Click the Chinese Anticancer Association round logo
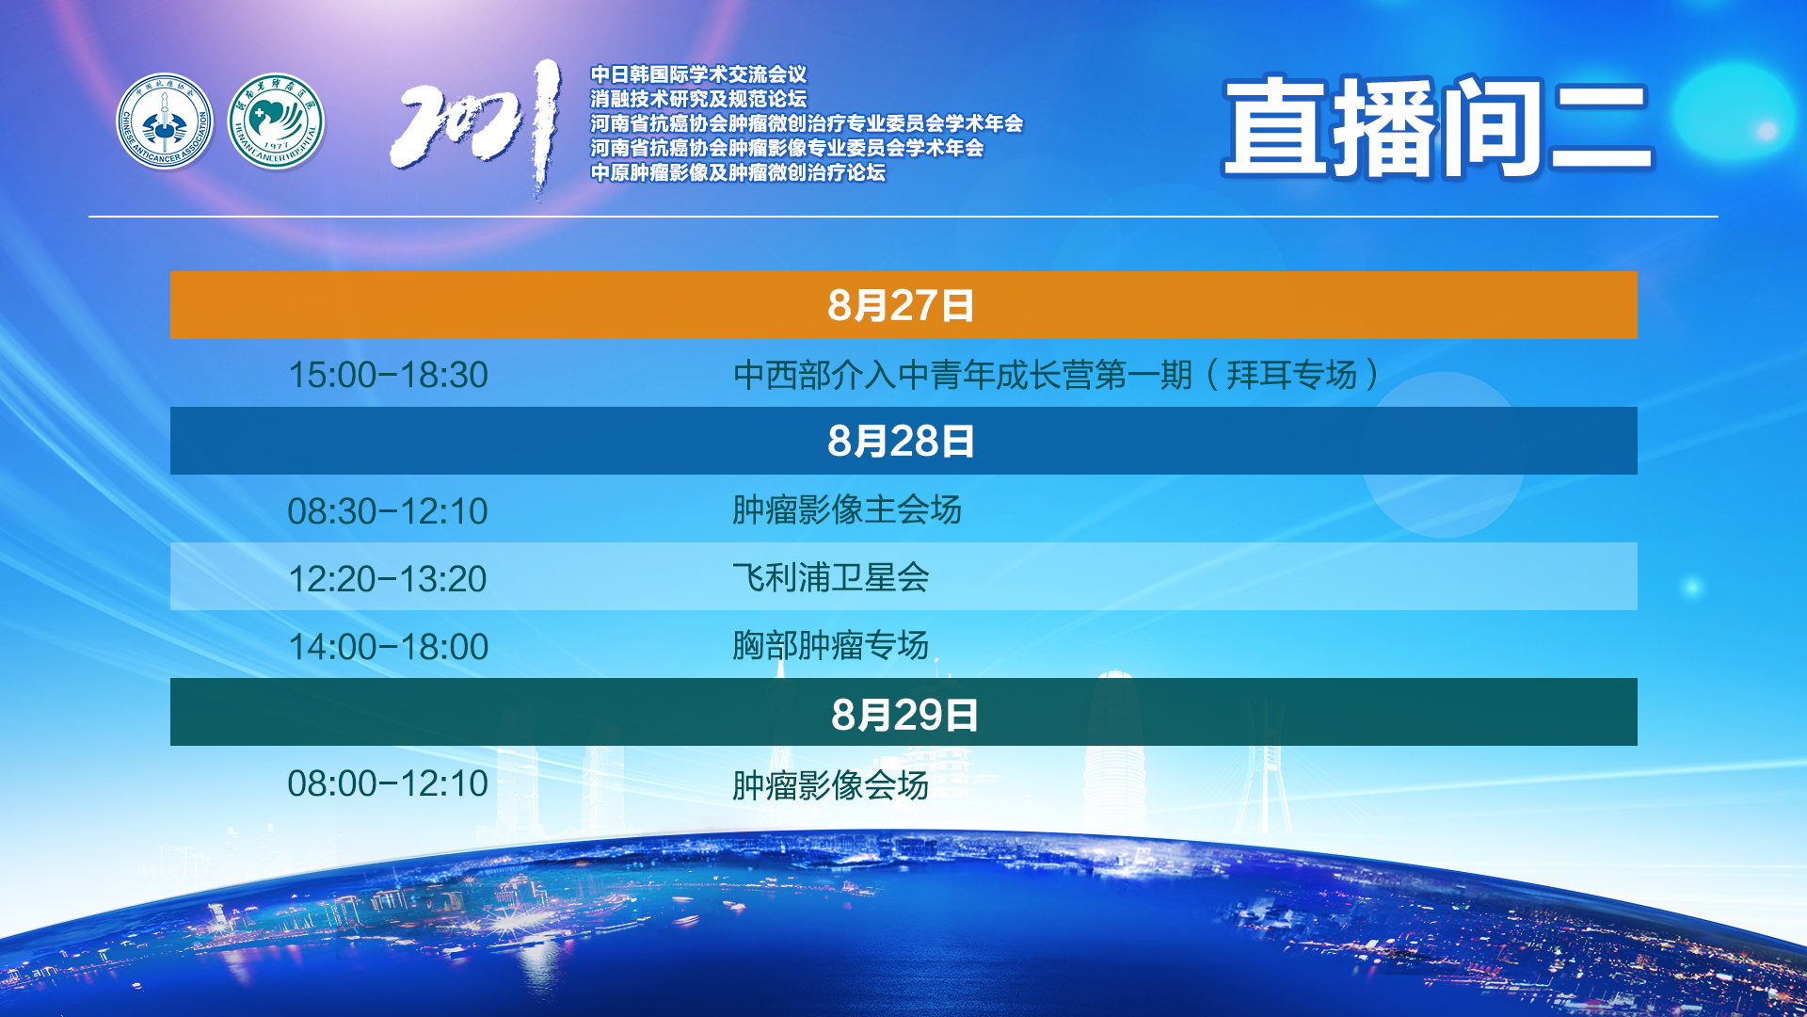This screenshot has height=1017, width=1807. [x=165, y=121]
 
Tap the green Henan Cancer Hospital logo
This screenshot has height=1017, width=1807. [x=276, y=121]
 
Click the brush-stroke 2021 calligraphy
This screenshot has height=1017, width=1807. [x=476, y=127]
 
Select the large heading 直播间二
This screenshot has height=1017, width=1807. [x=1437, y=127]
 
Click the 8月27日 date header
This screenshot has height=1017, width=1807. [x=902, y=305]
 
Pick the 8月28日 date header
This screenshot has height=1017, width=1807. [x=902, y=441]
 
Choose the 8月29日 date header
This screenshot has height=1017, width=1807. [x=904, y=715]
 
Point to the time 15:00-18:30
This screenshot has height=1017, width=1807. [x=388, y=375]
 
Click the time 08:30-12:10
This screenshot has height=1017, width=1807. [x=388, y=511]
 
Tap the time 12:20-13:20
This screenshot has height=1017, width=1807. [x=388, y=579]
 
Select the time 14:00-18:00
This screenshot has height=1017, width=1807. [x=388, y=647]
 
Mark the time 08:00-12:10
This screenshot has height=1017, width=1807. [x=388, y=783]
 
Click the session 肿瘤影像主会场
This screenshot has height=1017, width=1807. [x=847, y=509]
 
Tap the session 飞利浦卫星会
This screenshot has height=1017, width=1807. [x=831, y=577]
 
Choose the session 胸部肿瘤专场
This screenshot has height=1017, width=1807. [x=831, y=645]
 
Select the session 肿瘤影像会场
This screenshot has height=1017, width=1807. [x=831, y=784]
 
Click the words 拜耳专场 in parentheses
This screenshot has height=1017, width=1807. [x=1292, y=375]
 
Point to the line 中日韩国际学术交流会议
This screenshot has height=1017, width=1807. [x=698, y=74]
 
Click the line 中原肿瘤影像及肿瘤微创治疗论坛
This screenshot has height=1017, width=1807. [x=738, y=172]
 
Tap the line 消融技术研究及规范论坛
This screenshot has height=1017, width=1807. [x=698, y=99]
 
